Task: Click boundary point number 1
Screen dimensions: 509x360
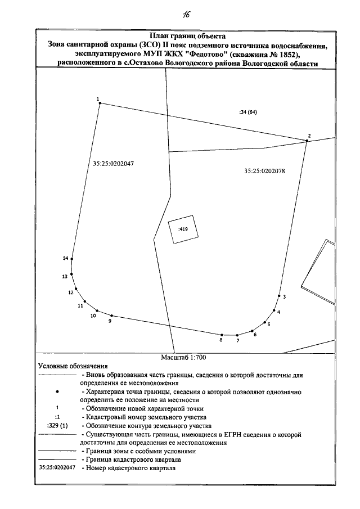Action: (x=99, y=103)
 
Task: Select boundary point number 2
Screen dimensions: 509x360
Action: (x=307, y=140)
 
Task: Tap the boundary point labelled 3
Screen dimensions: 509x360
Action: (x=279, y=295)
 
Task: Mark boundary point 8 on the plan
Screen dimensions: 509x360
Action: (x=222, y=335)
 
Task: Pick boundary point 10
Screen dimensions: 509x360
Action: (x=97, y=310)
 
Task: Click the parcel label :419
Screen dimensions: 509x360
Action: (x=182, y=229)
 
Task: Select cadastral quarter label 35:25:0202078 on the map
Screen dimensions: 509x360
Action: (x=265, y=172)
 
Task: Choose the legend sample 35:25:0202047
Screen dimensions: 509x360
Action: (x=57, y=467)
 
